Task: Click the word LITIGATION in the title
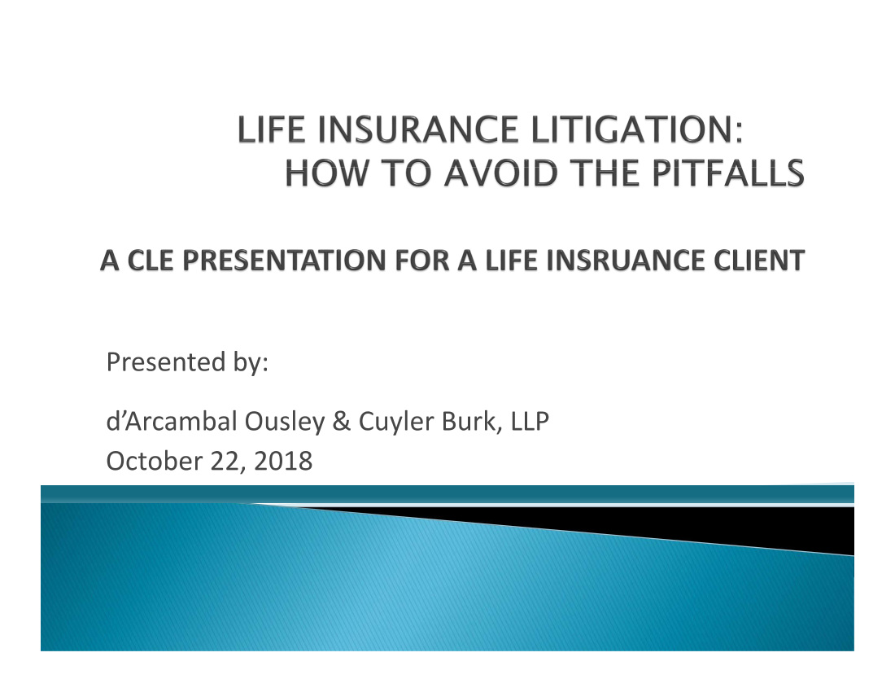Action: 638,129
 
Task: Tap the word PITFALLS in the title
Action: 728,173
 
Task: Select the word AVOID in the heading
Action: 501,173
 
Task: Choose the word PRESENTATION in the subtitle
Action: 284,261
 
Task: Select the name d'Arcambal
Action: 172,422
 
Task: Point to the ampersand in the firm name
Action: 342,422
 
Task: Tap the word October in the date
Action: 154,461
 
